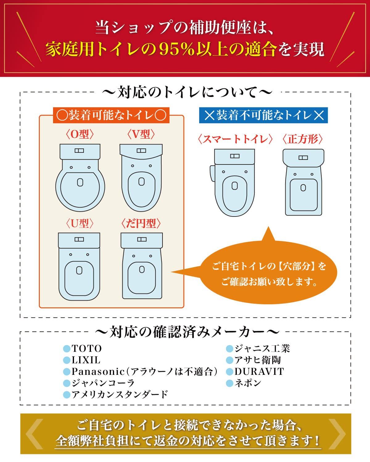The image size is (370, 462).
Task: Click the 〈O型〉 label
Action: [80, 134]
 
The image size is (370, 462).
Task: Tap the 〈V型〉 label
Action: [141, 134]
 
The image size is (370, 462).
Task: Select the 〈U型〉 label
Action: [80, 224]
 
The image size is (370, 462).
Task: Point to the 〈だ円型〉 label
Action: [141, 224]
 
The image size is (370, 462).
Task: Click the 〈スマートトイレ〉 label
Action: [235, 139]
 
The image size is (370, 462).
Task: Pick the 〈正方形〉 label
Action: [303, 139]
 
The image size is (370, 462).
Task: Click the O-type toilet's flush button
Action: [79, 151]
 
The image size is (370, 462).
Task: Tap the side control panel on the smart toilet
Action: [212, 173]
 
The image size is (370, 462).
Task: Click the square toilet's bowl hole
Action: [303, 188]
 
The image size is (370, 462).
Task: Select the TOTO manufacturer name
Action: [87, 348]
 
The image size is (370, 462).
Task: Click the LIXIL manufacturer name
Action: [86, 360]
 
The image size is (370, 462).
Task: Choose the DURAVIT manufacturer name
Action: [259, 372]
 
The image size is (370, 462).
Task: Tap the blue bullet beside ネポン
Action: [230, 383]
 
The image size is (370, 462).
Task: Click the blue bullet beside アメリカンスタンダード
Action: [67, 395]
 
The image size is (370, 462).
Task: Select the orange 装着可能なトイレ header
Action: [111, 115]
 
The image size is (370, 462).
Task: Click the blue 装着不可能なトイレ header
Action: [263, 115]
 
